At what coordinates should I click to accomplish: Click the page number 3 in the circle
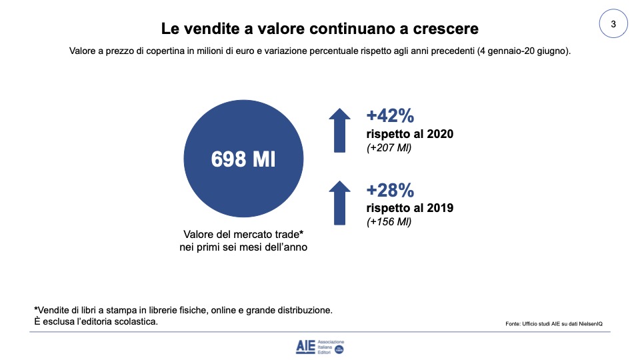coord(613,25)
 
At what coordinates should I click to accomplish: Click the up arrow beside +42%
coord(339,129)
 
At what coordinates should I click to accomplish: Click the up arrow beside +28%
coord(339,203)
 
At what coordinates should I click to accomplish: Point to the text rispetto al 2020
coord(410,134)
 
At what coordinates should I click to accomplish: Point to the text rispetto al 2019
coord(410,208)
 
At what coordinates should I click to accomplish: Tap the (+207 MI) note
coord(389,148)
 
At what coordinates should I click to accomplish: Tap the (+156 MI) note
coord(389,222)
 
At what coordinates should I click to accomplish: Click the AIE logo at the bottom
coord(320,346)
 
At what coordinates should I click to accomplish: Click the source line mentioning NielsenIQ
coord(558,324)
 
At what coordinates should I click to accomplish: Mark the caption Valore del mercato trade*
coord(243,235)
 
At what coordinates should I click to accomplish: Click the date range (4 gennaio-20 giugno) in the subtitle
coord(522,51)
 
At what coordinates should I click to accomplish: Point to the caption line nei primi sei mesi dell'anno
coord(243,247)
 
